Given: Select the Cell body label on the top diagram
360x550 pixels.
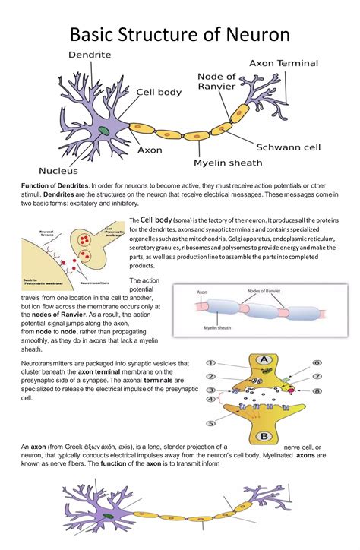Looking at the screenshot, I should coord(159,92).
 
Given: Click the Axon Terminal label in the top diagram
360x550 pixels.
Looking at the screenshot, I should coord(284,63).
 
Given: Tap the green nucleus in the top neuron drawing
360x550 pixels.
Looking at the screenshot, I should coord(102,132).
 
